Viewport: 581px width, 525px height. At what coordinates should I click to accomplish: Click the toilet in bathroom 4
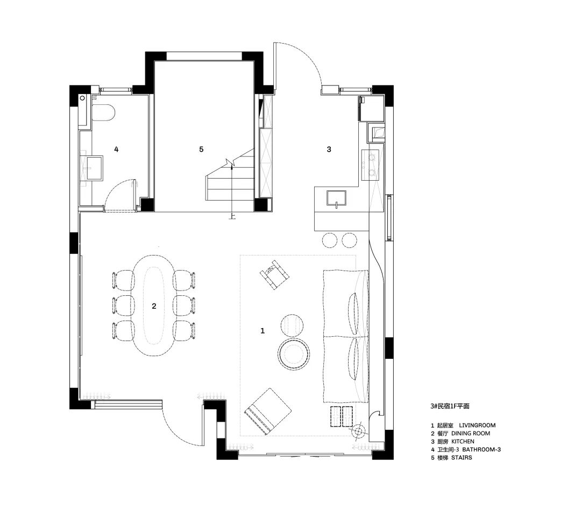click(103, 112)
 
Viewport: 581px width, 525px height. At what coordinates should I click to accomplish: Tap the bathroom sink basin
click(95, 168)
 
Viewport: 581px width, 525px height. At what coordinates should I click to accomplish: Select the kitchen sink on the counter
click(336, 198)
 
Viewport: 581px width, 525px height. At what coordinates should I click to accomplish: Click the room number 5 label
click(201, 150)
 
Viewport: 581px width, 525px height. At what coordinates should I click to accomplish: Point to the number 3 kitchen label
click(329, 150)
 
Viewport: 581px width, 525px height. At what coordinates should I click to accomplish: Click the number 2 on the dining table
click(154, 306)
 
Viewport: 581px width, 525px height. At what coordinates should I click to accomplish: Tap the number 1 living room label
click(263, 330)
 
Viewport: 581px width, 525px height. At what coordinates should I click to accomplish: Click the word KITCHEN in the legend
click(463, 441)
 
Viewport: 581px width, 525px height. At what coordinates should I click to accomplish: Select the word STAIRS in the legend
click(462, 458)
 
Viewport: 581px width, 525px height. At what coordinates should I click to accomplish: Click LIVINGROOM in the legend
click(477, 425)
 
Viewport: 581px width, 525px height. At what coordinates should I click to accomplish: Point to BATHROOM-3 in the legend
click(481, 449)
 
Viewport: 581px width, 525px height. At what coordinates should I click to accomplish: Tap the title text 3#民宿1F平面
click(450, 406)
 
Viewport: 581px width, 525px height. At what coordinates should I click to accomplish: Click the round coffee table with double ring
click(294, 353)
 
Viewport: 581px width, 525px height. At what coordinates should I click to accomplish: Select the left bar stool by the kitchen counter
click(330, 240)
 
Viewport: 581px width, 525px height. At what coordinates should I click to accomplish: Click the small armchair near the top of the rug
click(274, 274)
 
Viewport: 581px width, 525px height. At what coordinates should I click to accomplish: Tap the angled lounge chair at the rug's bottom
click(268, 412)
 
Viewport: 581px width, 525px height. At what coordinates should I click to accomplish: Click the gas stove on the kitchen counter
click(371, 165)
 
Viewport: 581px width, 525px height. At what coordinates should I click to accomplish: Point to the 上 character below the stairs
click(232, 216)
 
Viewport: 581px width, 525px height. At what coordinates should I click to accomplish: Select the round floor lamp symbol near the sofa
click(358, 431)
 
